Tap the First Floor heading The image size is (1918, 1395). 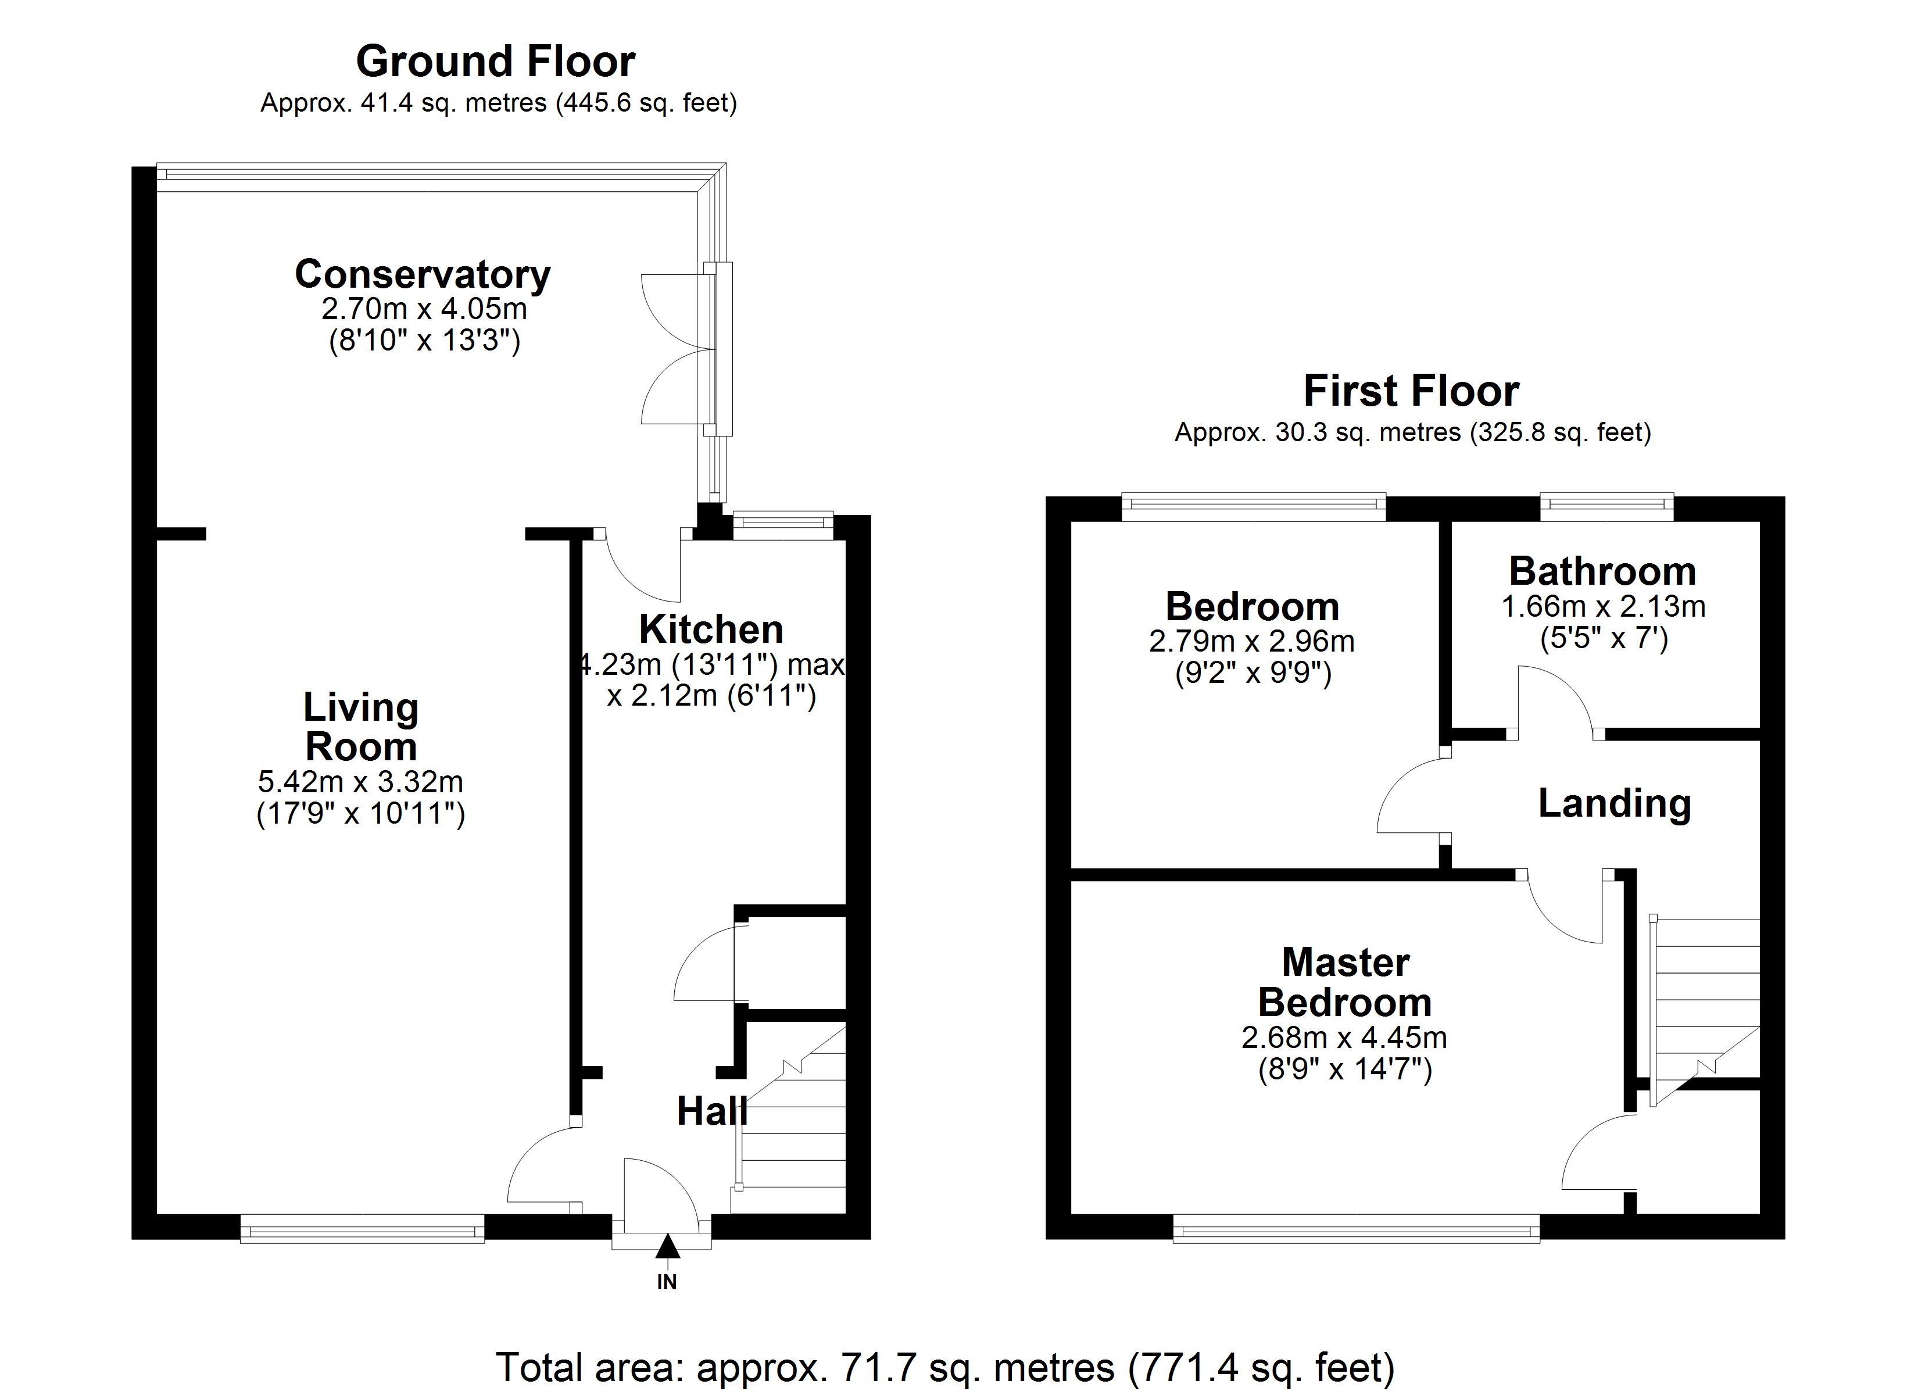(x=1411, y=391)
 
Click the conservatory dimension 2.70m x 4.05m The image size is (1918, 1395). (x=424, y=309)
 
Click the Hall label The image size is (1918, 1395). (x=712, y=1111)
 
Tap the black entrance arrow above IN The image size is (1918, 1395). (x=667, y=1246)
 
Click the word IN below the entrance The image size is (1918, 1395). (x=667, y=1282)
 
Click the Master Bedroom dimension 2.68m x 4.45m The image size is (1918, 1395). (x=1344, y=1037)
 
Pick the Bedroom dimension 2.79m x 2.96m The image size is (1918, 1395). (x=1251, y=641)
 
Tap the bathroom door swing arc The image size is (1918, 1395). (x=1554, y=698)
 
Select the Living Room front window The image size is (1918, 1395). (x=362, y=1228)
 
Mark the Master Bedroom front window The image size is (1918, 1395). (x=1357, y=1228)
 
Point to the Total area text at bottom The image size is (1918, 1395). (x=944, y=1368)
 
